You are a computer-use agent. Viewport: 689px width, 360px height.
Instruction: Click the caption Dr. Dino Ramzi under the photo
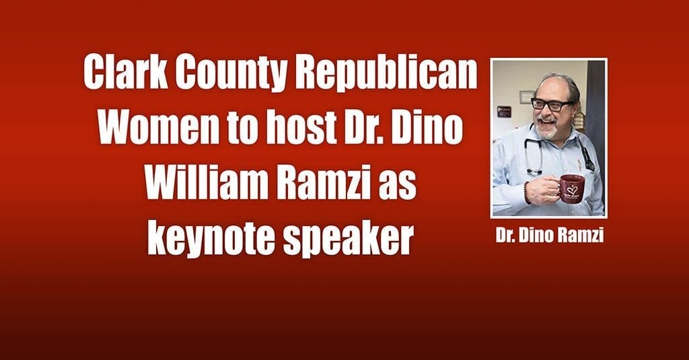coord(550,236)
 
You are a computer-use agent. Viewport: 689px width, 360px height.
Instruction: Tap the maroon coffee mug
coord(572,188)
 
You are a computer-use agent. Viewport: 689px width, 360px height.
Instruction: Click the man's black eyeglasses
coord(552,104)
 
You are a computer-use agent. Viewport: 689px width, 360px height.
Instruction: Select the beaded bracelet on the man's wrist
coord(526,192)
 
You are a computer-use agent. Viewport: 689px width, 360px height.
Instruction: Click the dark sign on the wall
coord(503,111)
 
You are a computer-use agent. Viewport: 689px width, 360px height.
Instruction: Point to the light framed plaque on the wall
coord(526,97)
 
